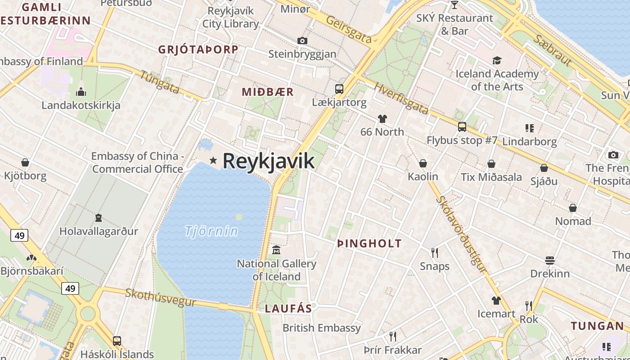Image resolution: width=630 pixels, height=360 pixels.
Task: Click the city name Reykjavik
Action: [268, 161]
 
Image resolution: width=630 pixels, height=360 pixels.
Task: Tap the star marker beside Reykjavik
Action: [213, 160]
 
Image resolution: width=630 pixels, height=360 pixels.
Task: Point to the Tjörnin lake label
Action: [211, 231]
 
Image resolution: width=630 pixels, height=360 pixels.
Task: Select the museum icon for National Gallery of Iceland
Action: [276, 250]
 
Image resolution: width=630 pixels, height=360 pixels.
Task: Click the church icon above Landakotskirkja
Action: [81, 92]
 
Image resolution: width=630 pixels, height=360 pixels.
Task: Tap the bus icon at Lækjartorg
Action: [339, 89]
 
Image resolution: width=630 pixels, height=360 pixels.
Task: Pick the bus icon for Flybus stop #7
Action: [462, 127]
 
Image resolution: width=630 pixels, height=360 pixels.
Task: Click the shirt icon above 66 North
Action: [382, 119]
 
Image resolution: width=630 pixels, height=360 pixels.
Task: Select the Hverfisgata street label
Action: [401, 99]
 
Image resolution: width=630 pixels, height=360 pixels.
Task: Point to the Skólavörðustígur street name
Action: [462, 234]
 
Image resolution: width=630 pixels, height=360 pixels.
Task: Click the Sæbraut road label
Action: [553, 50]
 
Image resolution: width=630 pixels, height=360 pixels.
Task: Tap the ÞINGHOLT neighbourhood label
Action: [369, 244]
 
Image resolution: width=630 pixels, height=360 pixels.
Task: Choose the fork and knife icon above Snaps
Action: [435, 252]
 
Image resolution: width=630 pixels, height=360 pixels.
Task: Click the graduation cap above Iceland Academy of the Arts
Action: [497, 60]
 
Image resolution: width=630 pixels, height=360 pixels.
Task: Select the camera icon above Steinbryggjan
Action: [302, 41]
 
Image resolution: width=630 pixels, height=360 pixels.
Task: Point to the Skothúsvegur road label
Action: [161, 297]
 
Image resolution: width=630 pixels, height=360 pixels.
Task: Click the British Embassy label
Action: [322, 328]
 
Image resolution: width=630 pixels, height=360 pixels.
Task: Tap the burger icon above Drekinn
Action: [549, 261]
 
